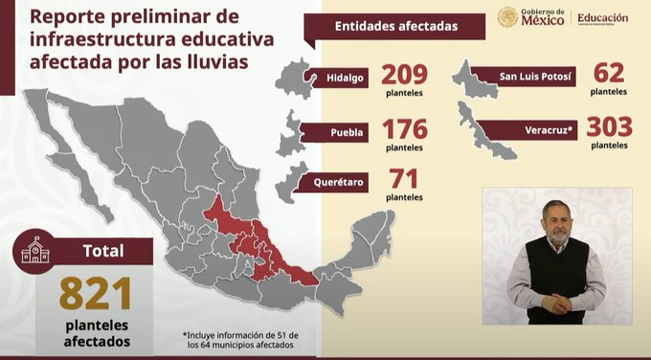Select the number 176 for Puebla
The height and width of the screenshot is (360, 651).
(x=404, y=129)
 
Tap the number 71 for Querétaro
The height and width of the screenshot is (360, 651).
(x=403, y=179)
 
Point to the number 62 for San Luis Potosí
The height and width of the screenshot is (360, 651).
(x=609, y=73)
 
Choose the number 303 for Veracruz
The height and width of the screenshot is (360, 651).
(x=610, y=127)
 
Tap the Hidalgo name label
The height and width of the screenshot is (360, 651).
(x=344, y=78)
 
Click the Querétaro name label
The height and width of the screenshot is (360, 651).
(x=340, y=180)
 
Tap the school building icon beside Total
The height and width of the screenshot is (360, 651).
(x=35, y=252)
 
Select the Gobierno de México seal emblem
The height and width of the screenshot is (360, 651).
(x=507, y=18)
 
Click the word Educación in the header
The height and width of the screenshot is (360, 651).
(x=603, y=17)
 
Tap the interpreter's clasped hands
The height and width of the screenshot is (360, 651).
(x=555, y=306)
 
